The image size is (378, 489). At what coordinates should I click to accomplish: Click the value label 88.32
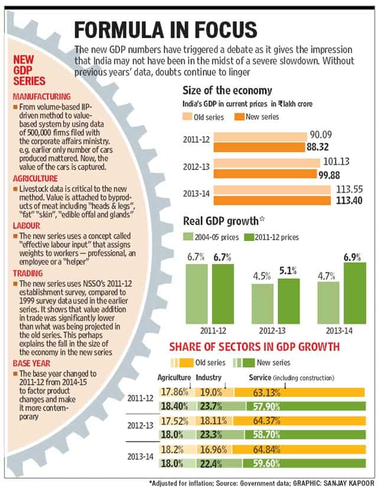[318, 147]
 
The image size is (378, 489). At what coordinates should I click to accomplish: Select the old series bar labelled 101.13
[266, 163]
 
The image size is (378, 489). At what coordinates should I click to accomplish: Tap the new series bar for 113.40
[272, 201]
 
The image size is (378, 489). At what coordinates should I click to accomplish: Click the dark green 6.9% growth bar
[355, 293]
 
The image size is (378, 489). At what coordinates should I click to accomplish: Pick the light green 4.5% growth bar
[262, 304]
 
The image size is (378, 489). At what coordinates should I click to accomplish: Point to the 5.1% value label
[288, 270]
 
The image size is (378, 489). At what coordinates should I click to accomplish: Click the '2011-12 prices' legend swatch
[249, 237]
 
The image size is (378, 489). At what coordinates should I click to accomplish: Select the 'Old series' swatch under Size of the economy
[187, 117]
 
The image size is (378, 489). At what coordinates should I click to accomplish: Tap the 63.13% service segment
[299, 392]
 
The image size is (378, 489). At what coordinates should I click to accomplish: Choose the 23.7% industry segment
[221, 406]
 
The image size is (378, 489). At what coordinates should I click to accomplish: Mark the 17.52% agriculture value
[174, 421]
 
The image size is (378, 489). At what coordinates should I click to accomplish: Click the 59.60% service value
[266, 464]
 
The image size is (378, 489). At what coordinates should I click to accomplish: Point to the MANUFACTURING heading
[42, 97]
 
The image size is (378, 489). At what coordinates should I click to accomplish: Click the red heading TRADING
[28, 273]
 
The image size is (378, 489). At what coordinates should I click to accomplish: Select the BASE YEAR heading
[31, 363]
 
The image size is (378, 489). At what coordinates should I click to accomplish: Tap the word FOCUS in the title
[226, 30]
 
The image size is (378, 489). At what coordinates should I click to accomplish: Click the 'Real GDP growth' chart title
[221, 221]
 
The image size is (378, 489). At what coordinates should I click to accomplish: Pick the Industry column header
[208, 377]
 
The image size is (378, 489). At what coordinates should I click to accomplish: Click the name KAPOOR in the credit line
[361, 483]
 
